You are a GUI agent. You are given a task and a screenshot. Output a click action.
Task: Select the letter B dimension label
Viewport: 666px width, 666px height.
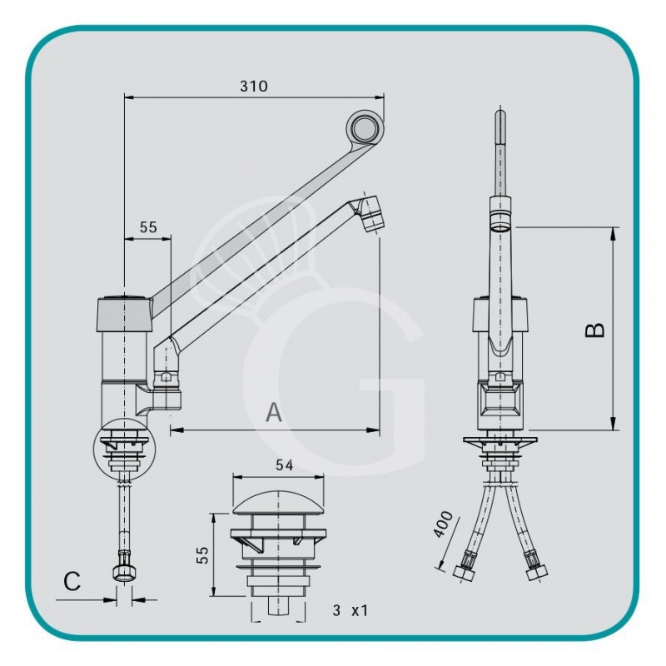click(594, 330)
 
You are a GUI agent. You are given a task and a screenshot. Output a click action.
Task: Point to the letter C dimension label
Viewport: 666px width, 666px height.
click(72, 581)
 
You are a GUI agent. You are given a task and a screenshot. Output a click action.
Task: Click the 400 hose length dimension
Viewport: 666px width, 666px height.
click(444, 526)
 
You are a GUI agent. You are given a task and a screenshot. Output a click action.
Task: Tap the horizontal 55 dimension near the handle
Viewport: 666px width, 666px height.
click(147, 226)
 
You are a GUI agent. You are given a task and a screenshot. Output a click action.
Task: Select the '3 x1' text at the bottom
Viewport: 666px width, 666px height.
click(350, 610)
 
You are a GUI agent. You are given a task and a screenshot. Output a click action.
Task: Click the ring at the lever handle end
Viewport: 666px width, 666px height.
click(364, 128)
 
